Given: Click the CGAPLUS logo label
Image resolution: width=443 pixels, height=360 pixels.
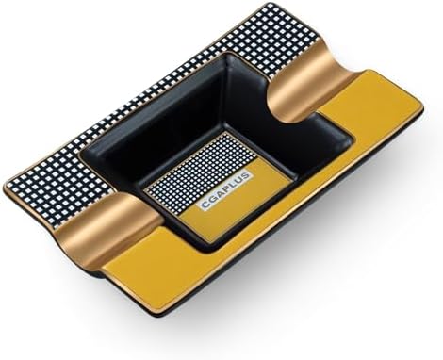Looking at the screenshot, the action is pyautogui.click(x=225, y=190).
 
